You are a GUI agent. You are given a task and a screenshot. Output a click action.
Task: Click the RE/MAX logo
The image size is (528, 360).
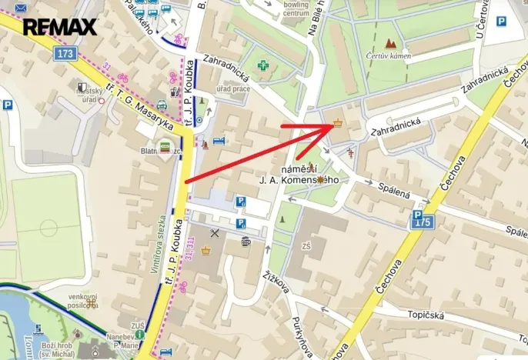click(59, 28)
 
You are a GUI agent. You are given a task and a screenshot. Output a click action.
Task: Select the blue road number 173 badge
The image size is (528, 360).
click(65, 53)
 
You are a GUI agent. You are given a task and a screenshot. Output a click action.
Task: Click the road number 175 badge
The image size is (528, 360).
click(423, 222)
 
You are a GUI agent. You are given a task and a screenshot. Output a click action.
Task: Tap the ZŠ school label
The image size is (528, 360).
click(306, 246)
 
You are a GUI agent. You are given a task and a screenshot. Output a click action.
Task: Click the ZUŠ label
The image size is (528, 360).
click(138, 326)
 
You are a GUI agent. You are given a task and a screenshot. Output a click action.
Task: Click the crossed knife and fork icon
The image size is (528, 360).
click(215, 233)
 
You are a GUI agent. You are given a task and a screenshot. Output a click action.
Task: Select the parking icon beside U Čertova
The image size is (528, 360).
click(500, 22)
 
